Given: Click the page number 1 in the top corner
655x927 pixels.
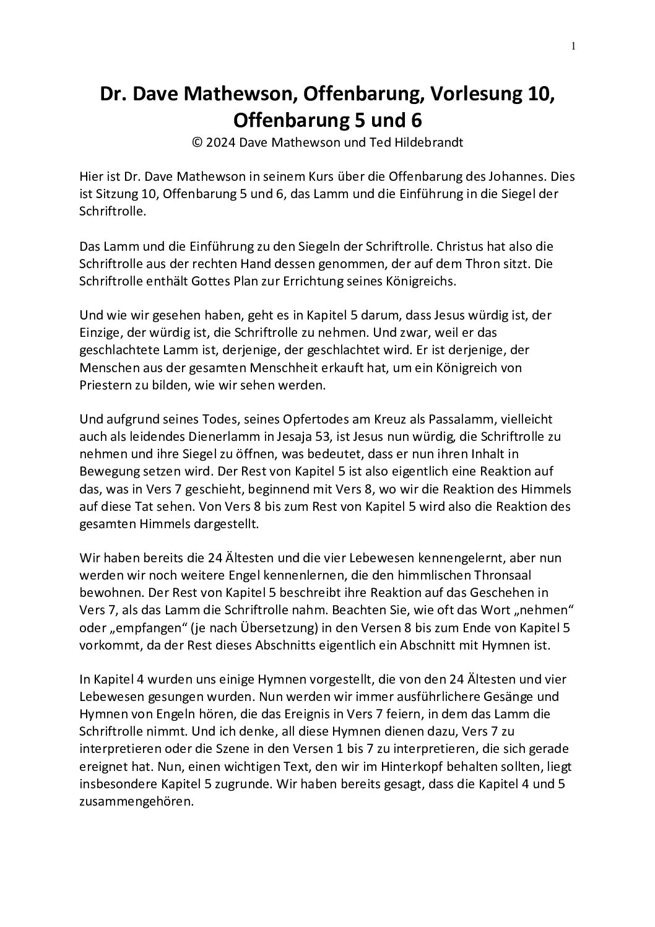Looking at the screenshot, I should (x=573, y=45).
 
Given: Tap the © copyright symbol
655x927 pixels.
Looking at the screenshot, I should (x=197, y=141).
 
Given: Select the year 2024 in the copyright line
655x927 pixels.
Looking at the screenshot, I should (x=221, y=141).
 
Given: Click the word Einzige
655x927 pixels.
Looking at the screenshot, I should (x=101, y=333).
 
